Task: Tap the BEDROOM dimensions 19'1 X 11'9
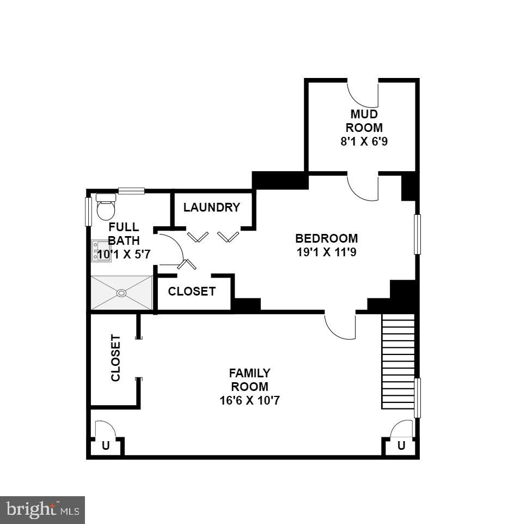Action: (326, 252)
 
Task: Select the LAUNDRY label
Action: (211, 208)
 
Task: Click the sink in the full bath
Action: (101, 251)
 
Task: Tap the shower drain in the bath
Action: (121, 293)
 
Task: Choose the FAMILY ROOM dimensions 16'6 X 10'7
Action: (249, 400)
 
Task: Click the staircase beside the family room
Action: (398, 361)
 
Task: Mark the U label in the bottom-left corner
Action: (106, 445)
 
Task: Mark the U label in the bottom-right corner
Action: (401, 445)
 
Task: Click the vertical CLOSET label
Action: (115, 358)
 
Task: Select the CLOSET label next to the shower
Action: (192, 292)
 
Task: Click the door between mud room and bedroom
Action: (363, 187)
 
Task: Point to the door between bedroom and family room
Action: (340, 326)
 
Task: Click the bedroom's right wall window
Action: (418, 234)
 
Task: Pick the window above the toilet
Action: (131, 191)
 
